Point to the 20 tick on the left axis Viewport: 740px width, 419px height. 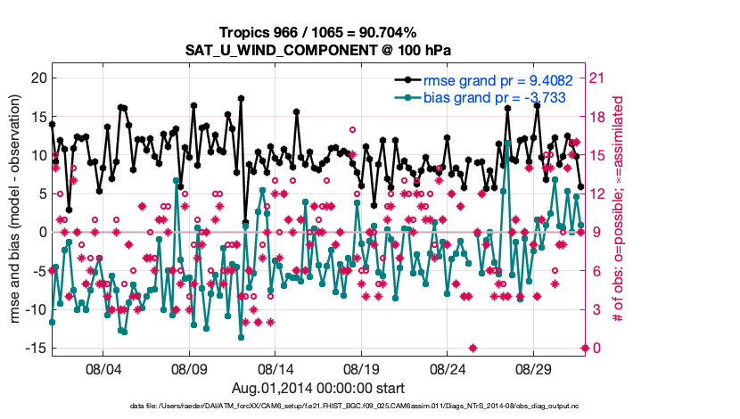click(37, 78)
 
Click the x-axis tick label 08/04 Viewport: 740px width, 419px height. click(103, 368)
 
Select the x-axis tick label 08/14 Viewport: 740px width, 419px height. click(275, 368)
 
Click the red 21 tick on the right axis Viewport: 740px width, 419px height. click(598, 78)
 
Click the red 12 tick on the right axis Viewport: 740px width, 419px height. click(598, 193)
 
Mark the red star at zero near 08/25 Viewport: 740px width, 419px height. click(473, 348)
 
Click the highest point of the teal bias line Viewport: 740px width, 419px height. click(507, 143)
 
